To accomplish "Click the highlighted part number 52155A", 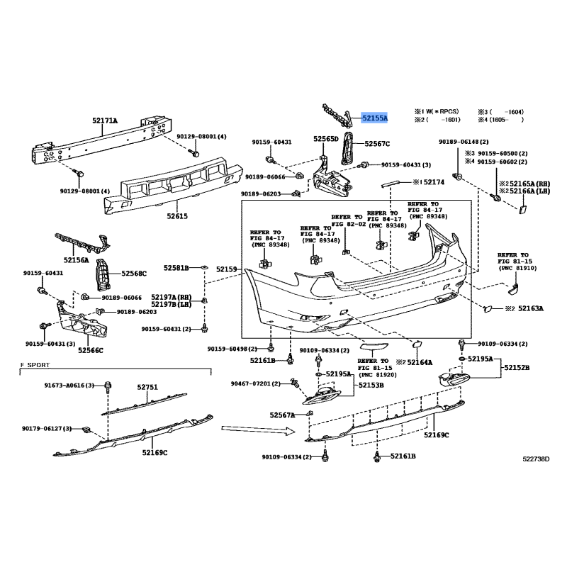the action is pyautogui.click(x=375, y=118).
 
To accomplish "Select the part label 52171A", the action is pyautogui.click(x=105, y=120).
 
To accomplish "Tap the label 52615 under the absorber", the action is pyautogui.click(x=177, y=216).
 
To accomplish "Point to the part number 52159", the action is pyautogui.click(x=227, y=269).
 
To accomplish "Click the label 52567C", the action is pyautogui.click(x=377, y=144).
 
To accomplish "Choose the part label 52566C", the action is pyautogui.click(x=91, y=350).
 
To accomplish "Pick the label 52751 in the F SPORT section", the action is pyautogui.click(x=147, y=387).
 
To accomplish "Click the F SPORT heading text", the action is pyautogui.click(x=35, y=365).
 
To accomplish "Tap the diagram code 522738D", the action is pyautogui.click(x=536, y=459).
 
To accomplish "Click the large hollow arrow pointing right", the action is pyautogui.click(x=259, y=430).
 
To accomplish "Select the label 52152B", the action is pyautogui.click(x=517, y=368).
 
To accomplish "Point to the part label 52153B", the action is pyautogui.click(x=371, y=385).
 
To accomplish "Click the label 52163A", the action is pyautogui.click(x=531, y=308).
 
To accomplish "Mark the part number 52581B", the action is pyautogui.click(x=176, y=268).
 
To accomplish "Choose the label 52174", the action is pyautogui.click(x=434, y=182).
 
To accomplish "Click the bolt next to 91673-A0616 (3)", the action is pyautogui.click(x=108, y=386).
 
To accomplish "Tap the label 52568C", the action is pyautogui.click(x=134, y=274).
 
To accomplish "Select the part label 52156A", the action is pyautogui.click(x=77, y=260).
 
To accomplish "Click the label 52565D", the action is pyautogui.click(x=326, y=139).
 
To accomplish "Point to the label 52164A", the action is pyautogui.click(x=420, y=362).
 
